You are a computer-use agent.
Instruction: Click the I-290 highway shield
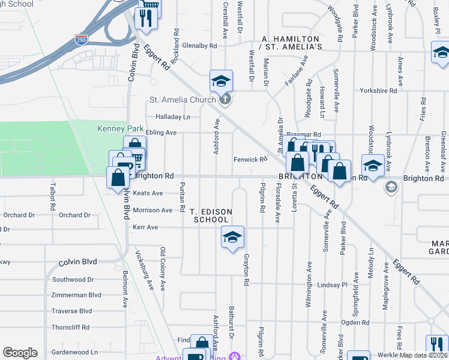click(80, 41)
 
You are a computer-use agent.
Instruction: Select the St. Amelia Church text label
click(182, 100)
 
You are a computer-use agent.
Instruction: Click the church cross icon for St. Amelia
click(225, 99)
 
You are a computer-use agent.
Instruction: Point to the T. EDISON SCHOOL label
click(210, 216)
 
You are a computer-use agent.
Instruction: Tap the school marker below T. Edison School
click(232, 238)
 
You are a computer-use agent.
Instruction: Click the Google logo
click(20, 353)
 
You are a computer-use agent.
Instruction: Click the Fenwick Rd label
click(250, 159)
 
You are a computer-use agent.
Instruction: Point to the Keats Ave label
click(148, 193)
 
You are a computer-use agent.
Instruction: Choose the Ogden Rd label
click(355, 322)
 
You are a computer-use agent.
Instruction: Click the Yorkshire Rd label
click(378, 91)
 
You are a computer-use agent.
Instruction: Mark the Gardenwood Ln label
click(74, 352)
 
